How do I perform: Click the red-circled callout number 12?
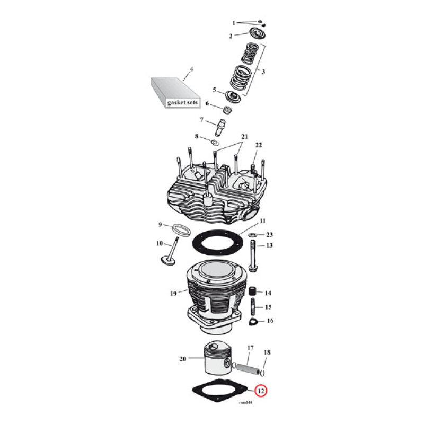tap(261, 392)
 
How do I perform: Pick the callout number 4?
tap(191, 69)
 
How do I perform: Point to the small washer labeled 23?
tap(253, 234)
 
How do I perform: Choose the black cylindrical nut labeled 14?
tap(253, 293)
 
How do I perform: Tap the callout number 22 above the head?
tap(259, 145)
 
